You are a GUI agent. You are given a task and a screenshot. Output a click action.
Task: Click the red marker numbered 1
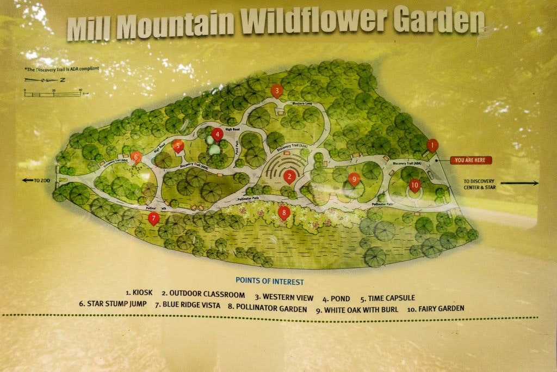tap(432, 145)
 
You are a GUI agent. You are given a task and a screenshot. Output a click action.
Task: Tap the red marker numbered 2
tap(290, 175)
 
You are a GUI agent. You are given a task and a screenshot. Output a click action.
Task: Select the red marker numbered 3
tap(277, 90)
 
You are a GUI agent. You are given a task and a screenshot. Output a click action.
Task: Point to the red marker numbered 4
tap(217, 134)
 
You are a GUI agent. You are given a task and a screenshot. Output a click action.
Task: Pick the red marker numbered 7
tap(153, 219)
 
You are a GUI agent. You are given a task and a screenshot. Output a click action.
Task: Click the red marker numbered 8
tap(283, 212)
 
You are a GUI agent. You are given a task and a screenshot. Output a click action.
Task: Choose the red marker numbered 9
tap(354, 179)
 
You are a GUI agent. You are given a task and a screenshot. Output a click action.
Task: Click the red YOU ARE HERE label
tap(471, 160)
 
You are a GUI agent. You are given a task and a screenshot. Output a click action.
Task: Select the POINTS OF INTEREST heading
tap(269, 282)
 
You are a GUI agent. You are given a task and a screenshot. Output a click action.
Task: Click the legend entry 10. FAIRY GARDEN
tap(436, 308)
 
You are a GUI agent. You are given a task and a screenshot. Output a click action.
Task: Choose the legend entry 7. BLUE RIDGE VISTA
tap(187, 306)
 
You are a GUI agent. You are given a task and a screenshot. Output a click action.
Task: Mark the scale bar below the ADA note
tap(53, 94)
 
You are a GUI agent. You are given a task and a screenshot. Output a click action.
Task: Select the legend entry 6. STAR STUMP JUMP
tap(113, 304)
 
